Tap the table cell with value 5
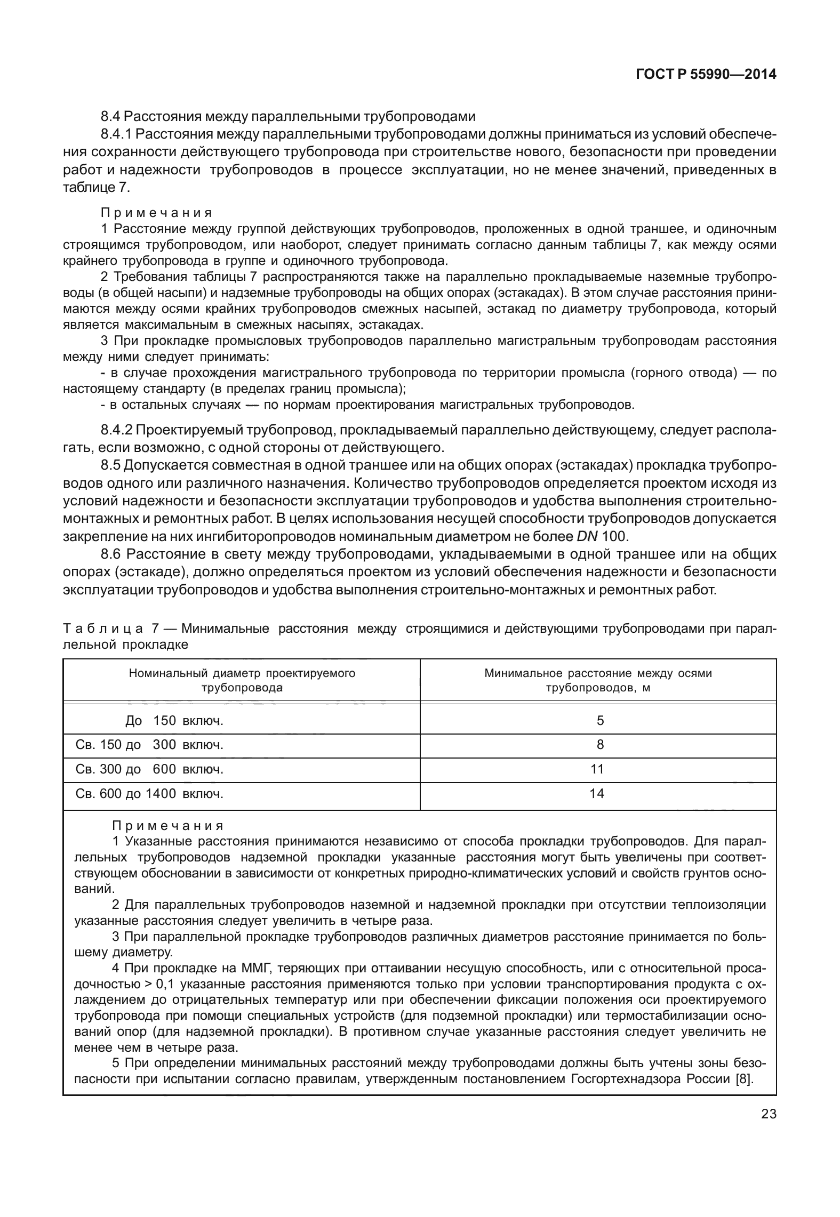pos(600,721)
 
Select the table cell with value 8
pos(600,745)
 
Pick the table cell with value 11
pos(597,769)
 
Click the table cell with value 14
pos(597,794)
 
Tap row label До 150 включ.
pos(174,721)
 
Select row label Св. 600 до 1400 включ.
pos(149,794)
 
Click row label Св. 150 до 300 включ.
pos(149,745)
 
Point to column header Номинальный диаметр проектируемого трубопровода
pos(242,680)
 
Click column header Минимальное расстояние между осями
pos(598,673)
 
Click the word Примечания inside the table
pos(167,826)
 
